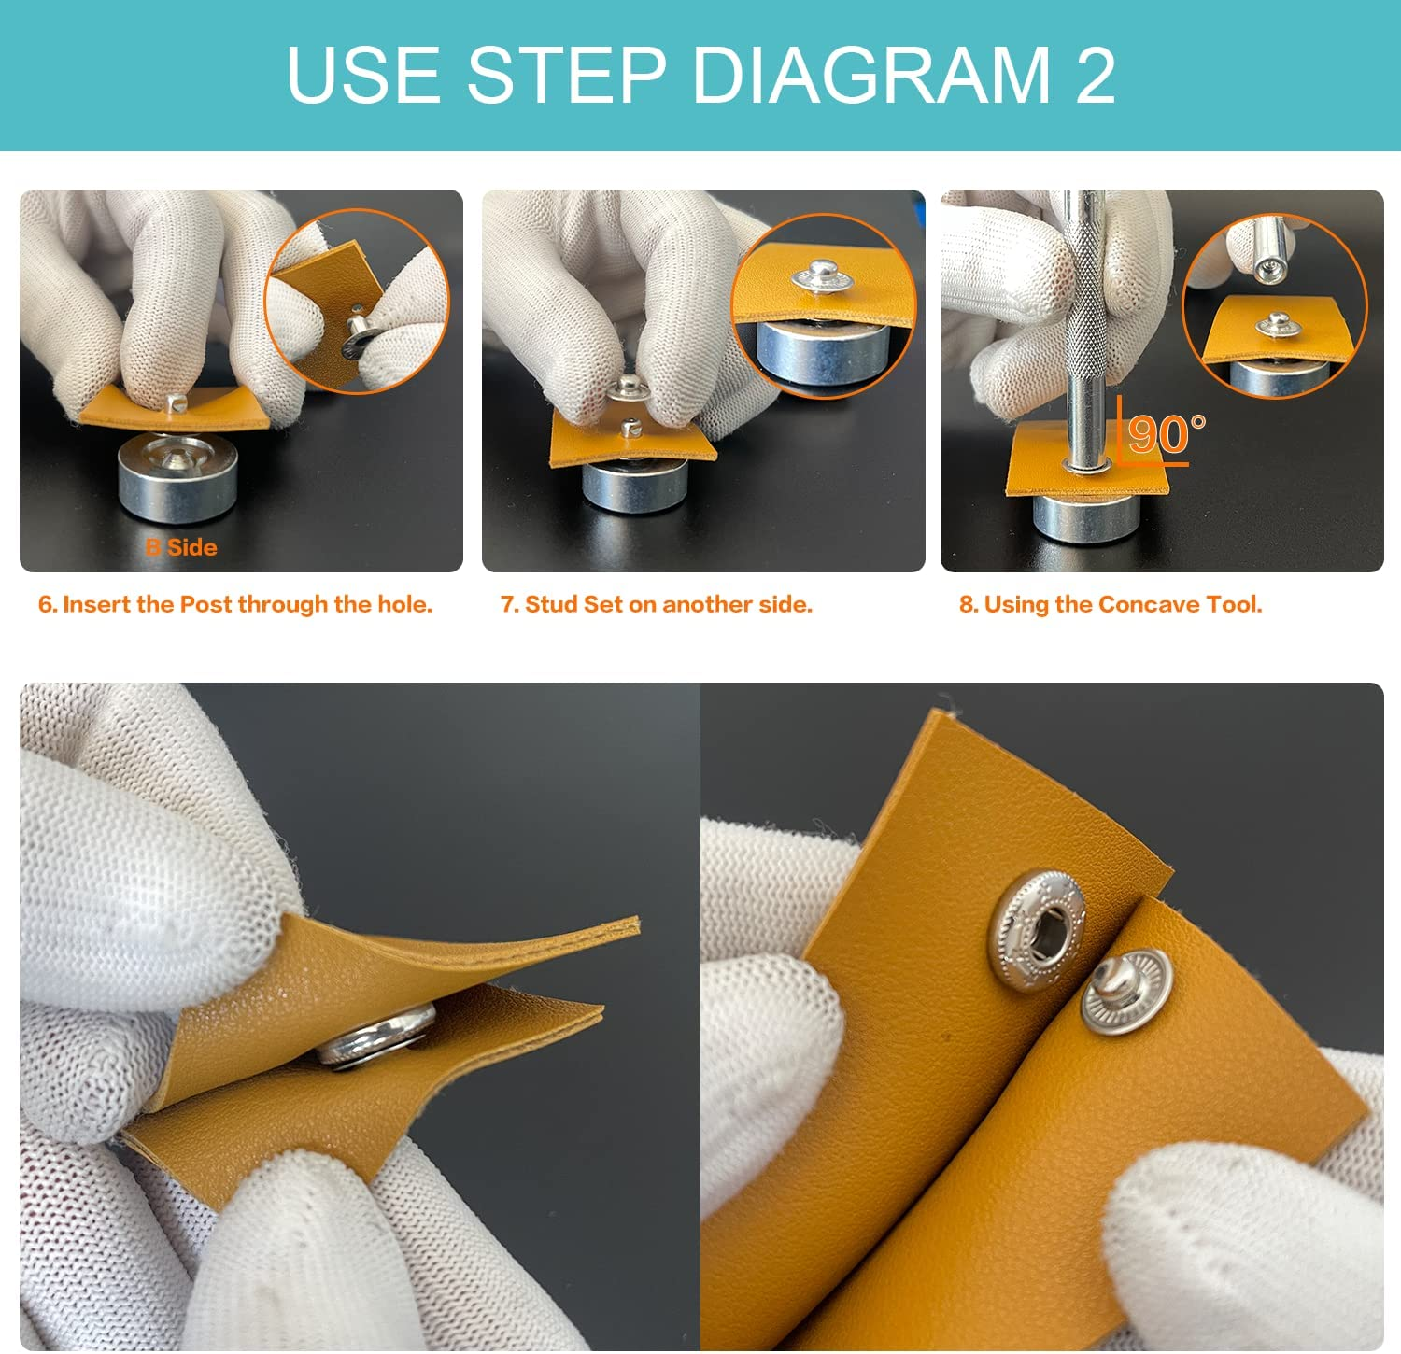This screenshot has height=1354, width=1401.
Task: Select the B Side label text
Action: (181, 548)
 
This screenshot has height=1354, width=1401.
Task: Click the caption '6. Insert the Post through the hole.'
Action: (235, 604)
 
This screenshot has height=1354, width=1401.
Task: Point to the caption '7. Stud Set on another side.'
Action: (657, 604)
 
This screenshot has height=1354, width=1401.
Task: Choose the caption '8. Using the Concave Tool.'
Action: (1111, 604)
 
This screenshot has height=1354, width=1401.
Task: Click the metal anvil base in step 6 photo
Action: (177, 481)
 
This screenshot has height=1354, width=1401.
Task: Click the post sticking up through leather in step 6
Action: (175, 403)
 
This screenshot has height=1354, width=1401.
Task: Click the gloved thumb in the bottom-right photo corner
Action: (1233, 1233)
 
